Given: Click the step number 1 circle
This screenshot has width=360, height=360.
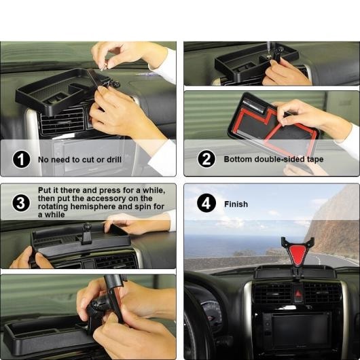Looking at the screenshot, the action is [x=21, y=160].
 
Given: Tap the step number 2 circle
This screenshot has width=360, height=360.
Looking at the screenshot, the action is [x=206, y=159].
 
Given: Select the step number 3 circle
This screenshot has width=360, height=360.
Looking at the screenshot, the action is [x=21, y=203].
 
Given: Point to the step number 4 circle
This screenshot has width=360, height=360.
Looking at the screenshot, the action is [x=206, y=203].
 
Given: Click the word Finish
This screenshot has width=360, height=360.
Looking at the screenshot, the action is [x=236, y=204].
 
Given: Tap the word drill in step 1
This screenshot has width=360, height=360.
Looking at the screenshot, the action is [x=114, y=160].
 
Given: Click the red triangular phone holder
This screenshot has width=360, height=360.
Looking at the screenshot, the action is [x=298, y=253].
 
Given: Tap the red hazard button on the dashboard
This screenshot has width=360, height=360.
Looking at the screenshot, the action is [x=298, y=293].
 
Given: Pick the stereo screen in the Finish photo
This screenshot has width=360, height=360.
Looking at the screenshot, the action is [x=301, y=329].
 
